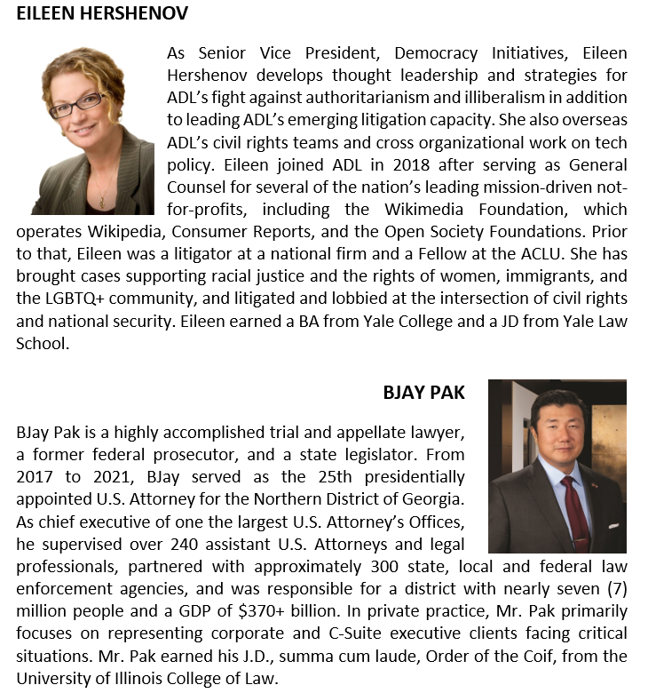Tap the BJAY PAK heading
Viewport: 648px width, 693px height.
[423, 392]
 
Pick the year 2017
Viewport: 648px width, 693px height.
[35, 476]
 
